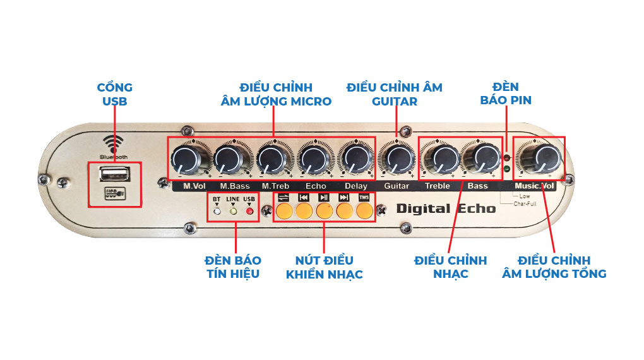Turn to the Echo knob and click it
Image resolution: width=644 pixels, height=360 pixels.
[313, 159]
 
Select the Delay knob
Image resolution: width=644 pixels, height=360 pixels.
[355, 159]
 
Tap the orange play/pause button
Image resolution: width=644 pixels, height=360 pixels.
[324, 211]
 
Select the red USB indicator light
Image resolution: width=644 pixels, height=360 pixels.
[249, 211]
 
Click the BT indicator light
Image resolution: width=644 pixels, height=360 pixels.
[217, 211]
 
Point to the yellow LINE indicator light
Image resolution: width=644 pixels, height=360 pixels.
[233, 211]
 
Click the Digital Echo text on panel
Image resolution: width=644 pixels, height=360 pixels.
[446, 208]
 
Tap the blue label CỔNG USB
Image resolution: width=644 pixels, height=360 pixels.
[114, 94]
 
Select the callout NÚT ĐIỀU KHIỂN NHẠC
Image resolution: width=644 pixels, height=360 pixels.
[324, 267]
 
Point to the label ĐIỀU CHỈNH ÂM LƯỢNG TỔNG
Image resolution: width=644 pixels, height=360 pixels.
[554, 267]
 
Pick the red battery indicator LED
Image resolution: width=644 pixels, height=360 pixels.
[507, 155]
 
